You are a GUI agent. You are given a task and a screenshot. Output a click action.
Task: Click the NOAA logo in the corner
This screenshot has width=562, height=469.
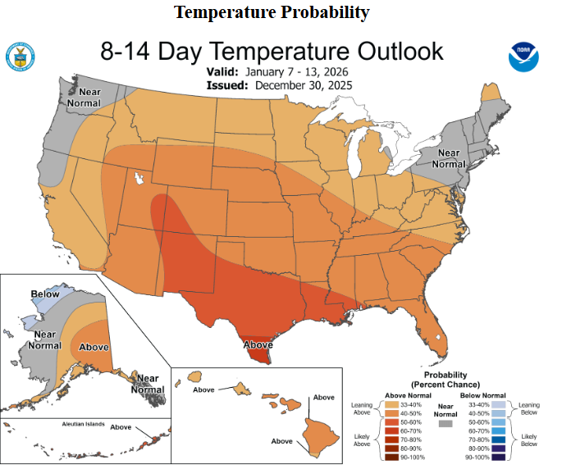[x=523, y=56]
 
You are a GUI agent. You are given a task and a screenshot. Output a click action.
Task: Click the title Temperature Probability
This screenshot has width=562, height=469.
[x=272, y=12]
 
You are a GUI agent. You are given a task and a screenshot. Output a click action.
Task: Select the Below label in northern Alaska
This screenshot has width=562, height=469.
[x=44, y=294]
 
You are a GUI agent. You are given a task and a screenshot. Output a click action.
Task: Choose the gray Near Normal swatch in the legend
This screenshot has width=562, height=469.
[x=446, y=425]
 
